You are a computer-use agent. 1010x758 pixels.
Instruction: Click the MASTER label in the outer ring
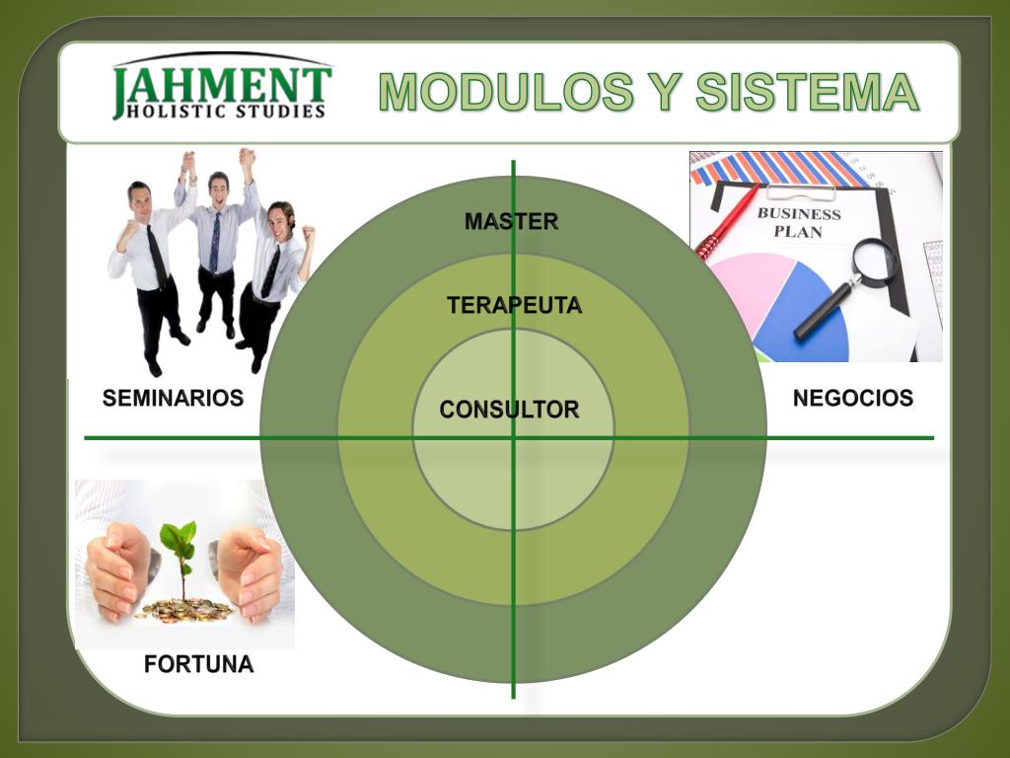point(511,222)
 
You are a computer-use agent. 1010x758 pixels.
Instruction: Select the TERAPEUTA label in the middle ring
point(514,306)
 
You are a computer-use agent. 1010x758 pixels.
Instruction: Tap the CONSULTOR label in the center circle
point(509,410)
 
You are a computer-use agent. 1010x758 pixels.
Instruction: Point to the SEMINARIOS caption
point(173,399)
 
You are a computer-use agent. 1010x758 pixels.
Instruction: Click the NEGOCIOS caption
point(852,399)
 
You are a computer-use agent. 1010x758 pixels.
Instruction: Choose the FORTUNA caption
point(198,664)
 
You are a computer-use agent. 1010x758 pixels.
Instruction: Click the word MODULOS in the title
point(505,93)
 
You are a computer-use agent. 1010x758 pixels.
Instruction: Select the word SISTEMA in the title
point(807,93)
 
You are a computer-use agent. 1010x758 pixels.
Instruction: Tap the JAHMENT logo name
point(223,85)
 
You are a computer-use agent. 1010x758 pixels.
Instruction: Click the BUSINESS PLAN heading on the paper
point(798,222)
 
